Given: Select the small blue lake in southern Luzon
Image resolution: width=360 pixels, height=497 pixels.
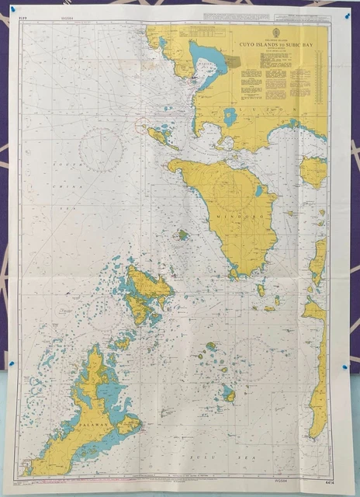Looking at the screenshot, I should (x=230, y=116).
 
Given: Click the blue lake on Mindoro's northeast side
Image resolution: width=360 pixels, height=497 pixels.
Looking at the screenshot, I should (x=258, y=190).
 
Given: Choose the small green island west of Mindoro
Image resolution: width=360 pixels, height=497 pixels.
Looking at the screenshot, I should (x=182, y=234).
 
